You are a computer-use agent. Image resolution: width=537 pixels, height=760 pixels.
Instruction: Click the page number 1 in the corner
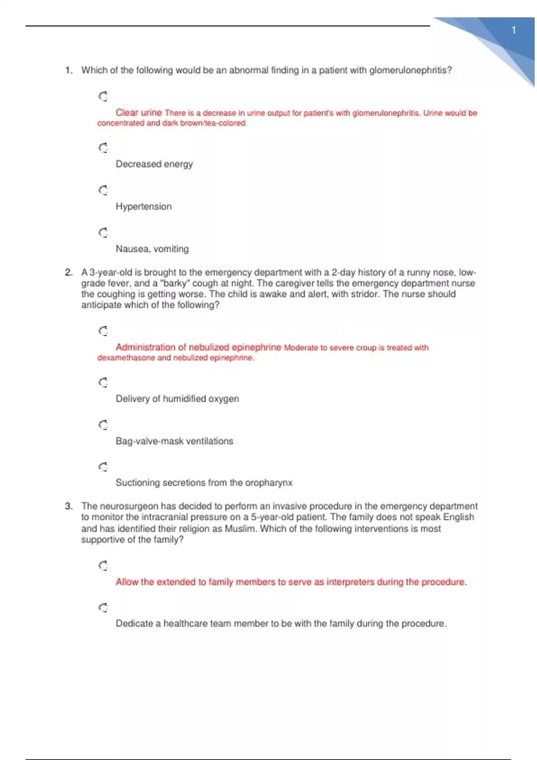(x=514, y=30)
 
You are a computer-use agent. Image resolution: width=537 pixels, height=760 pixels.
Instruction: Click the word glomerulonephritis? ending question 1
(x=410, y=70)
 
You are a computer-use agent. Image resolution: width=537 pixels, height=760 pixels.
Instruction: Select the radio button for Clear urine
(x=103, y=96)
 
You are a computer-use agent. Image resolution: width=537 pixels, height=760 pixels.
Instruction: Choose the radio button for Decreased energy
(x=103, y=148)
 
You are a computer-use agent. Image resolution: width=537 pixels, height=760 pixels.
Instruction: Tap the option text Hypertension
(x=144, y=207)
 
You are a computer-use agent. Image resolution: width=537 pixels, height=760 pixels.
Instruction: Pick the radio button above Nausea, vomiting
(x=103, y=232)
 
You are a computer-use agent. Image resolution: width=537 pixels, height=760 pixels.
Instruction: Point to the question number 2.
(x=68, y=272)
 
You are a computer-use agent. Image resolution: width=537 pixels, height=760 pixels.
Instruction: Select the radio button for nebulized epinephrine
(x=103, y=331)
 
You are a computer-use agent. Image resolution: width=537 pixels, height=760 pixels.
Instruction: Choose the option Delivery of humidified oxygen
(x=177, y=399)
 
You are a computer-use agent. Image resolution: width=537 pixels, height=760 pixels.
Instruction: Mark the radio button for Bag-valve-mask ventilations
(x=103, y=425)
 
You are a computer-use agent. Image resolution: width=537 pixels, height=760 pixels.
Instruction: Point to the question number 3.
(x=68, y=506)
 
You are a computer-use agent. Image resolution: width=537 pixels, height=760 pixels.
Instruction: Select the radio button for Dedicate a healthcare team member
(x=103, y=608)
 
